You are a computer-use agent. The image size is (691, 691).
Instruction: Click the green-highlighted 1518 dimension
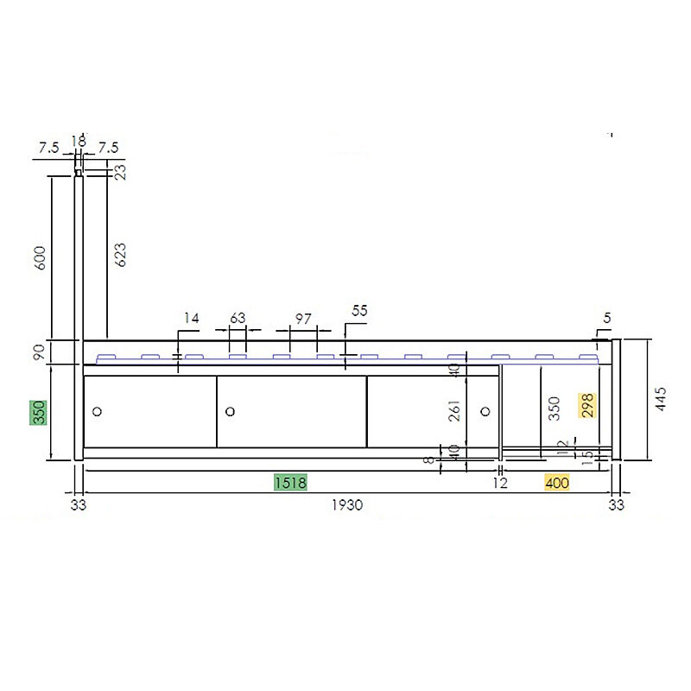(290, 483)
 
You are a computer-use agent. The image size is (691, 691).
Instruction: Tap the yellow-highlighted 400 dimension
(557, 483)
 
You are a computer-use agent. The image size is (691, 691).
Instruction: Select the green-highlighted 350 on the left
(38, 413)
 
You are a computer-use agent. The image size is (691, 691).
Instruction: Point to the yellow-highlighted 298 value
(587, 405)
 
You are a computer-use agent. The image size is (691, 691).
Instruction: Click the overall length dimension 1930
(347, 505)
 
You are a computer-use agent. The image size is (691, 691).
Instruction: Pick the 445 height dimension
(661, 399)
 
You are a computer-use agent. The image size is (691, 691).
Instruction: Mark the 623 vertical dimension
(120, 255)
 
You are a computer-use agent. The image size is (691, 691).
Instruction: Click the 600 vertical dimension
(40, 258)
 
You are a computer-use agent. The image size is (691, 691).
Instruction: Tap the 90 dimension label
(39, 352)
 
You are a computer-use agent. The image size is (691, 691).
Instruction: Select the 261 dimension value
(454, 411)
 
